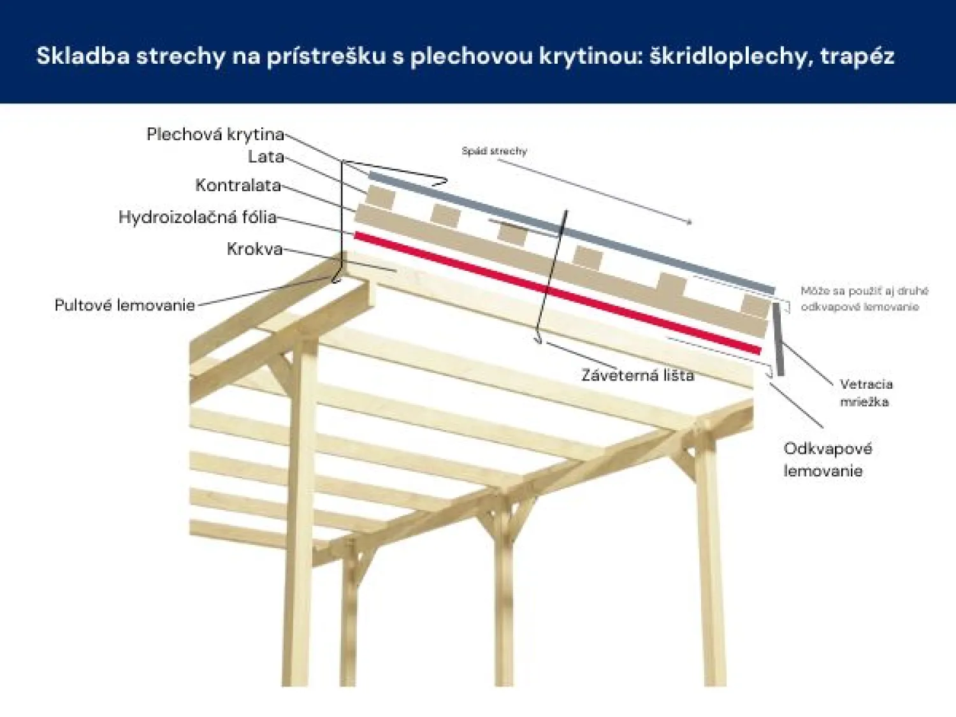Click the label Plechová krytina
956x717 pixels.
215,134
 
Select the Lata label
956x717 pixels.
266,157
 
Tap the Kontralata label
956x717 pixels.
238,185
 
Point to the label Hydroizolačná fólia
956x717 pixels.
198,217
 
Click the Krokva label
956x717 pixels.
255,249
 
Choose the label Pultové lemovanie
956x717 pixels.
125,305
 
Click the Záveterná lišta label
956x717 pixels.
637,375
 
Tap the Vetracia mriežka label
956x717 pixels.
866,393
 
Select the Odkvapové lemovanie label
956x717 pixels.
828,460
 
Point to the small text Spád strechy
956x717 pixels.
495,151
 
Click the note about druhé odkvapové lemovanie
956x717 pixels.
864,299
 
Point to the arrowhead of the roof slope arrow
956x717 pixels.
689,222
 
